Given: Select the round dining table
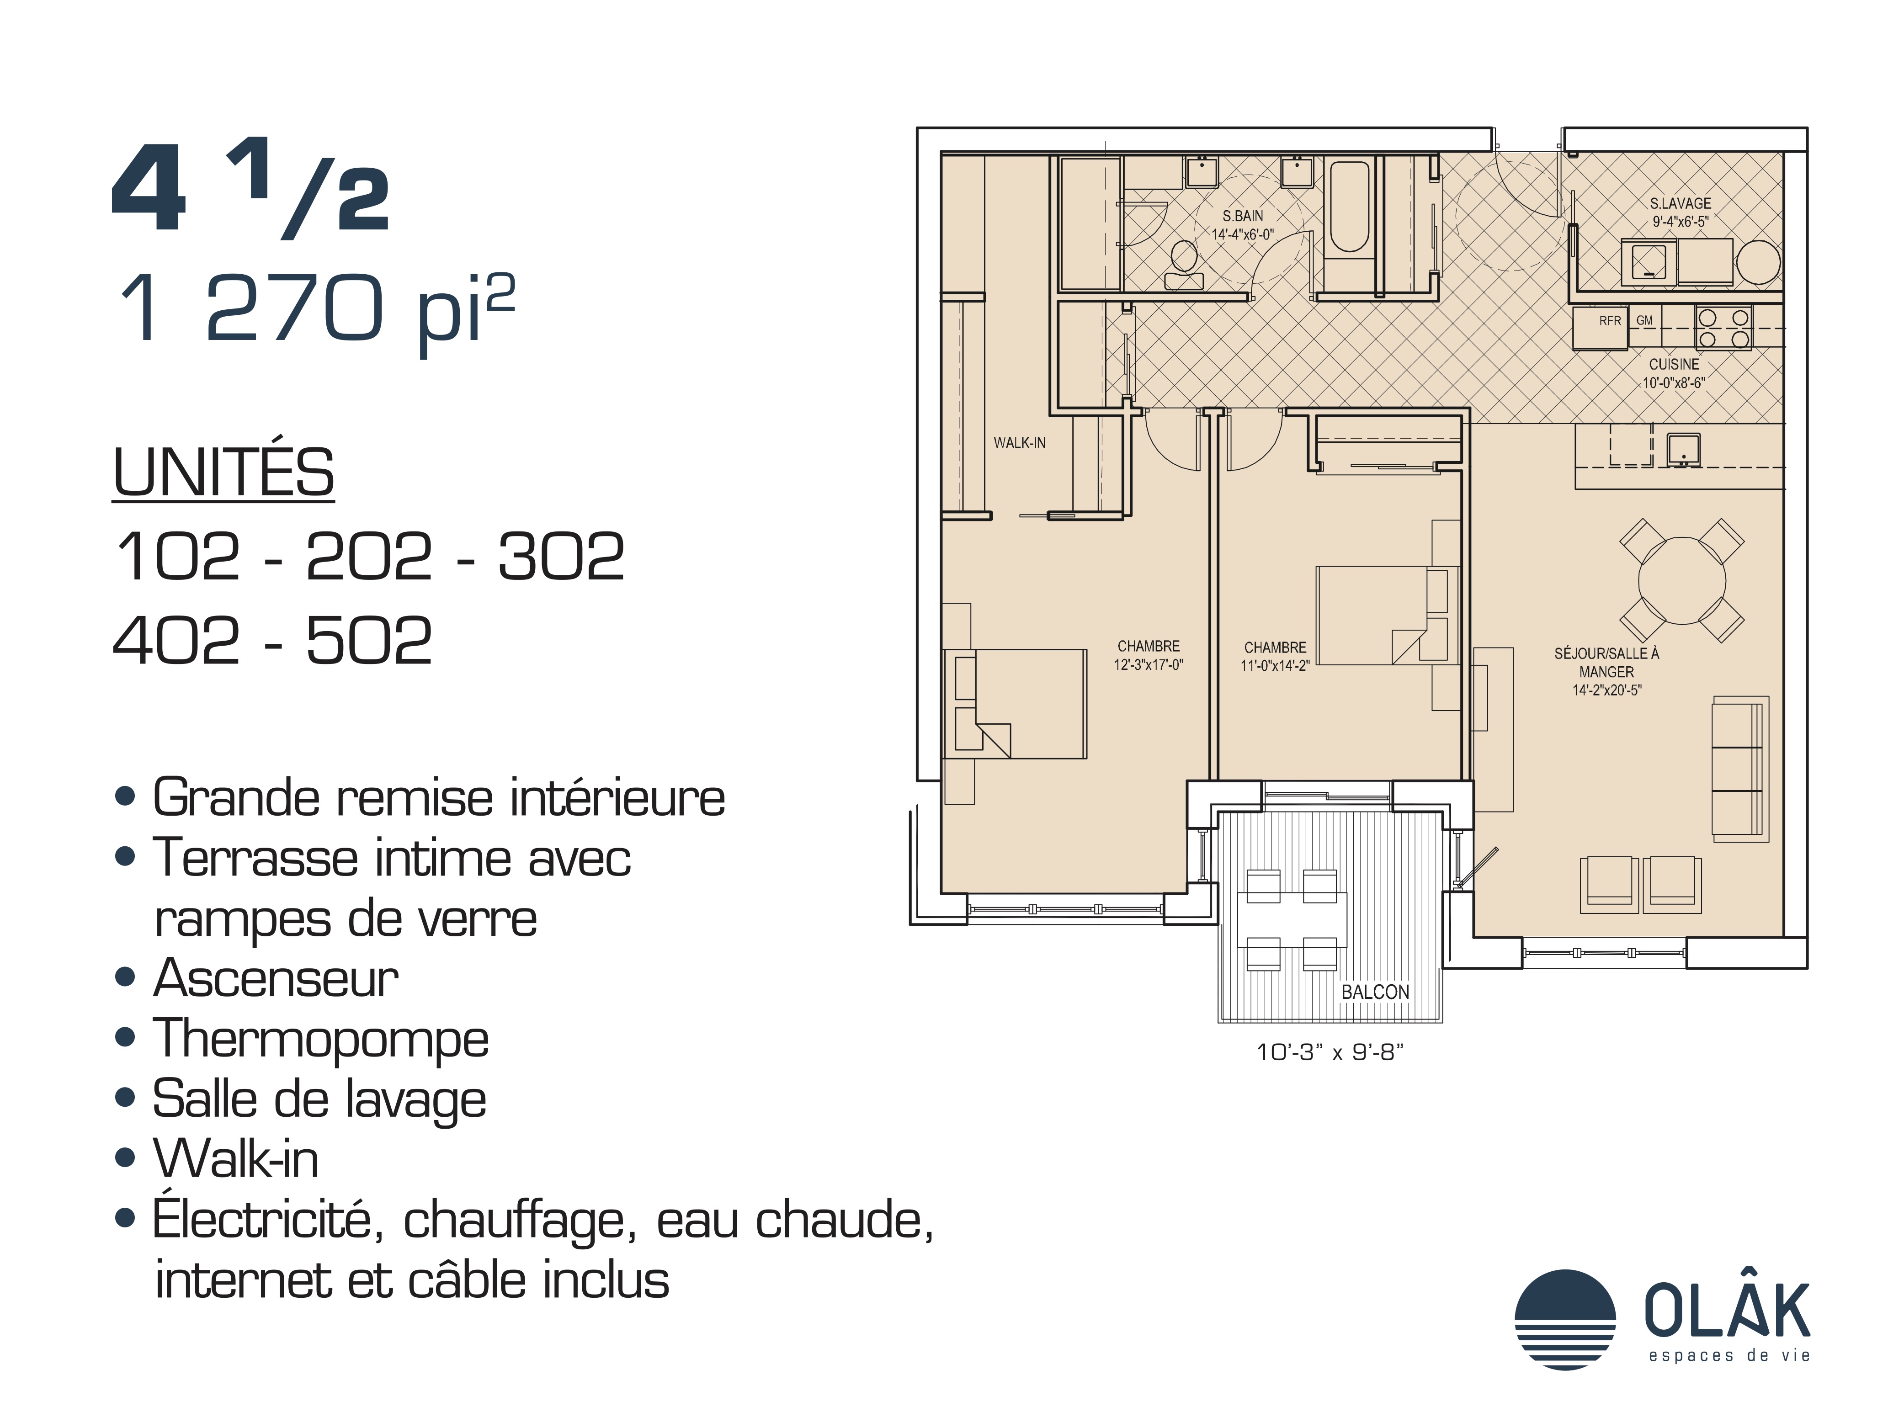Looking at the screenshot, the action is (1681, 580).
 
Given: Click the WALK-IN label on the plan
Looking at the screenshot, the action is (1019, 442).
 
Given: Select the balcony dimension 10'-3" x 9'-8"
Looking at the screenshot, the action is (1330, 1052).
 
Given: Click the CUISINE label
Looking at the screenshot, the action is (1674, 364).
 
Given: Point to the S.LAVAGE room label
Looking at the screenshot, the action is (1680, 203).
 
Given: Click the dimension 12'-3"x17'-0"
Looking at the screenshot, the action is (1148, 664).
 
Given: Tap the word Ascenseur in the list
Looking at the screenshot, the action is (276, 979).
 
